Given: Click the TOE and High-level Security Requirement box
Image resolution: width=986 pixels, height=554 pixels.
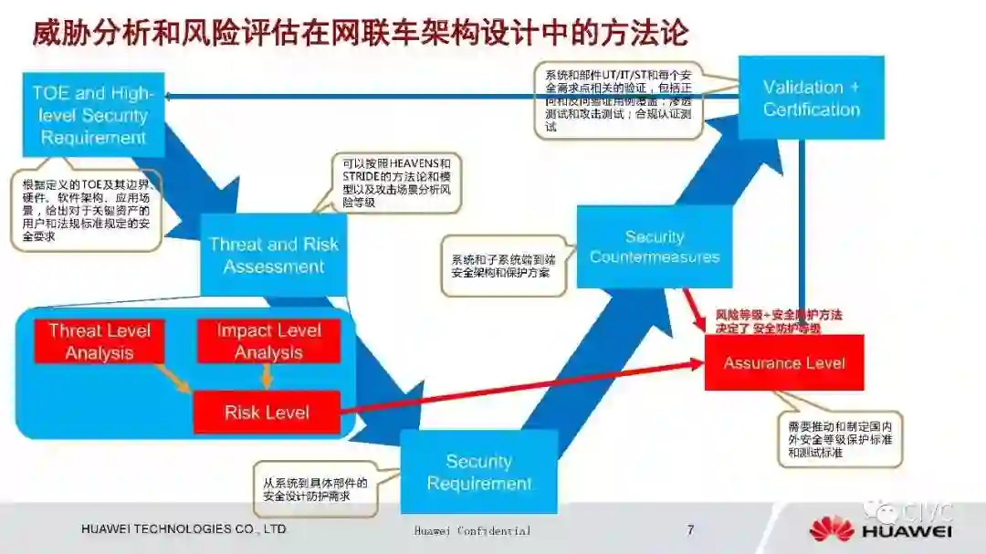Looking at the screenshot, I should point(93,115).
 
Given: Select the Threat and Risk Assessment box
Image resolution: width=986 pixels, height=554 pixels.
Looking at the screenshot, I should point(273,256).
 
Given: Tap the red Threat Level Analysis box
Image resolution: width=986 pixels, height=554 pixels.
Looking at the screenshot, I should point(100,341).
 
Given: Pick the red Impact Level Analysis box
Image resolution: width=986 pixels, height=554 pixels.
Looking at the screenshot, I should point(268,341).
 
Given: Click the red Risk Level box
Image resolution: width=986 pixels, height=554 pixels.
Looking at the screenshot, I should point(267,413).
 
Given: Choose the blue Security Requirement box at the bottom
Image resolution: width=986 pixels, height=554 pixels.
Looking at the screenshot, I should point(478,472).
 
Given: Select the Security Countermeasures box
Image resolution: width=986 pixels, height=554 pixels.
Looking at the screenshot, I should point(654,246).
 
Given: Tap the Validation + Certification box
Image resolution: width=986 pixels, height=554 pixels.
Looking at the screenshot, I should point(811,98).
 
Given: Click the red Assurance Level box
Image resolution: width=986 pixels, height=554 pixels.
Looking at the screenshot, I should point(783,362).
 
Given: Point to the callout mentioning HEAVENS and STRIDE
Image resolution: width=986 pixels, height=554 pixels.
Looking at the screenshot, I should point(396,183).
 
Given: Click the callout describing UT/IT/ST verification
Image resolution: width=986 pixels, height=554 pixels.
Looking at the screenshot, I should point(617,100).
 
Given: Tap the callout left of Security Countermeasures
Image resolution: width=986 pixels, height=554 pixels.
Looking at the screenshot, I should point(500,266).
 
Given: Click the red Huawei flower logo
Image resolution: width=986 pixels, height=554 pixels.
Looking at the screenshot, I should point(831,528).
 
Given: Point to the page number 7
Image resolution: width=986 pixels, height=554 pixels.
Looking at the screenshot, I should point(690,529).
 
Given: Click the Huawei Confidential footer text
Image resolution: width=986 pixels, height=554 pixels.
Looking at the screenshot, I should point(471,530).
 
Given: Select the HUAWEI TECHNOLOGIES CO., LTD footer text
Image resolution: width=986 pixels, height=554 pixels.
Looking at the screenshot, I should point(184,529).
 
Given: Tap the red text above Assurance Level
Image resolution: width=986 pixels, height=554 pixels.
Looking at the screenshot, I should point(779,321).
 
